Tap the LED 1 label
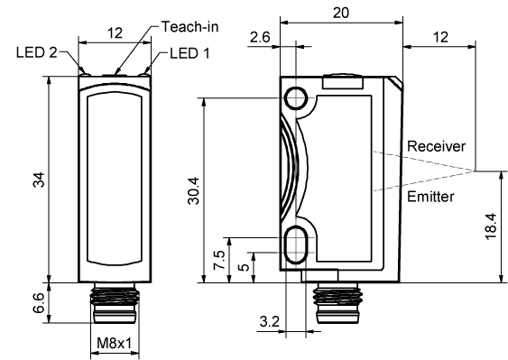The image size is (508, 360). (x=189, y=54)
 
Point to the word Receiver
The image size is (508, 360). (x=436, y=146)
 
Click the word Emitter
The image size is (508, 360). (x=431, y=196)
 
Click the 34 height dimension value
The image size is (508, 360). (x=38, y=179)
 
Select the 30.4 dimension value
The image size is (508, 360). (x=195, y=189)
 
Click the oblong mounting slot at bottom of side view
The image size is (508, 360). (x=295, y=245)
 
